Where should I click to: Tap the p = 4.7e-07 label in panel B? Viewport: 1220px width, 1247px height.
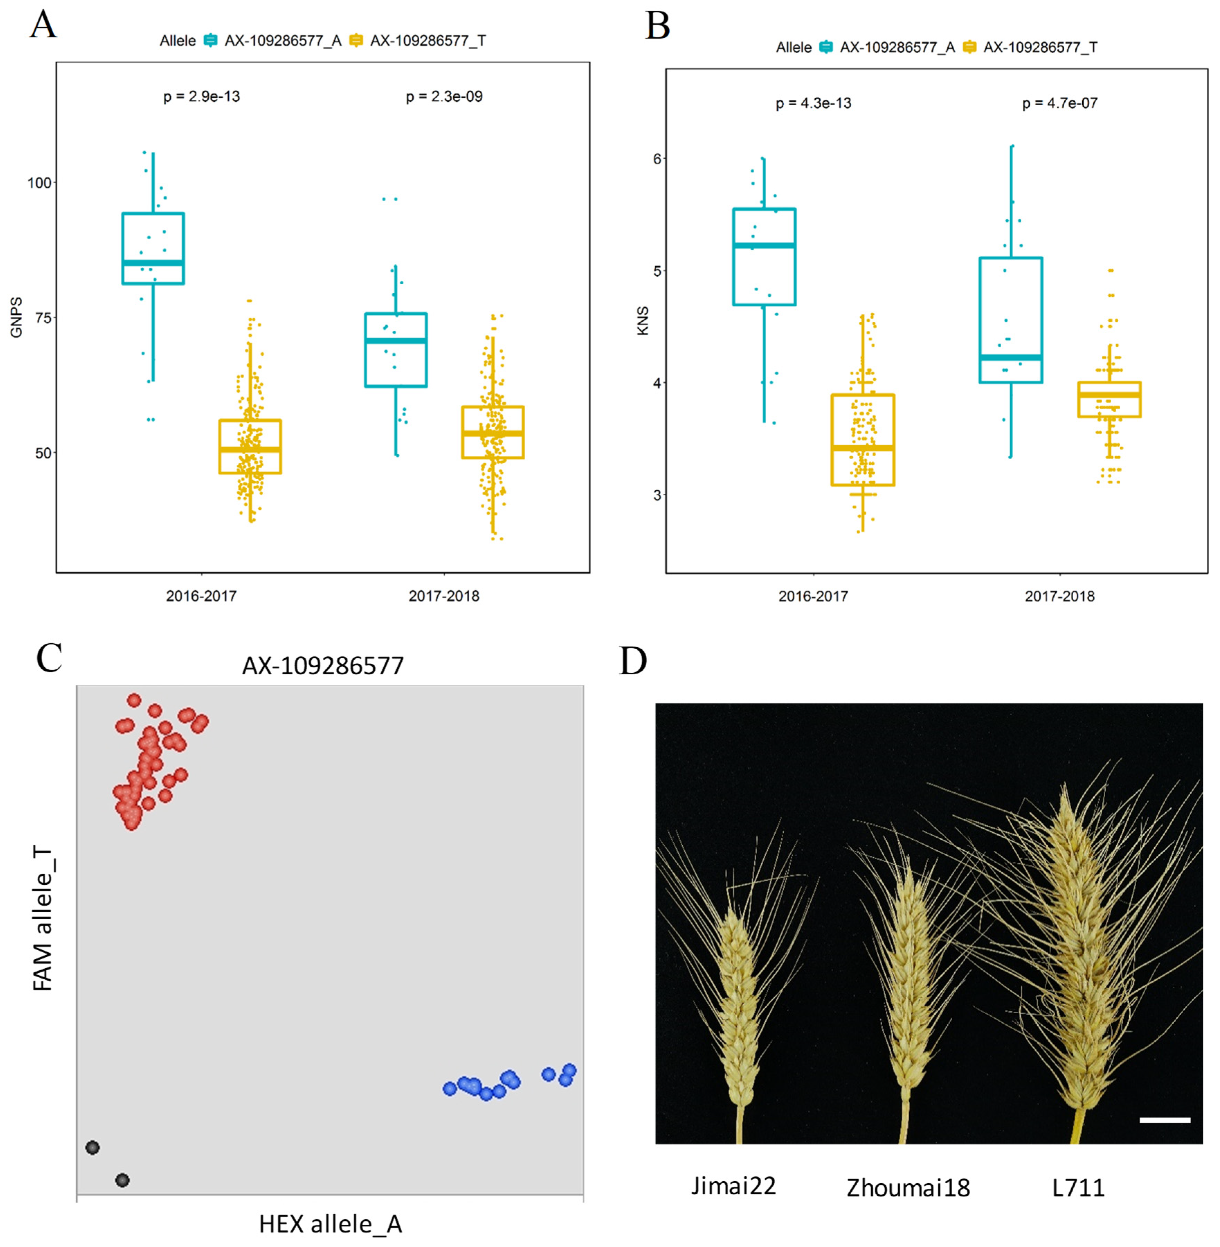(1060, 103)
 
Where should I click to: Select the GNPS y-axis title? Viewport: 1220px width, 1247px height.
(17, 317)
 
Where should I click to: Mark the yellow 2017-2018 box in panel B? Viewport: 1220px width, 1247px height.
(1110, 399)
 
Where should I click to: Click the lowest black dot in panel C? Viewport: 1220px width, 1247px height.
(122, 1180)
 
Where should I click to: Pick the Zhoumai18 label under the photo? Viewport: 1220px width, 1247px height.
(908, 1188)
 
